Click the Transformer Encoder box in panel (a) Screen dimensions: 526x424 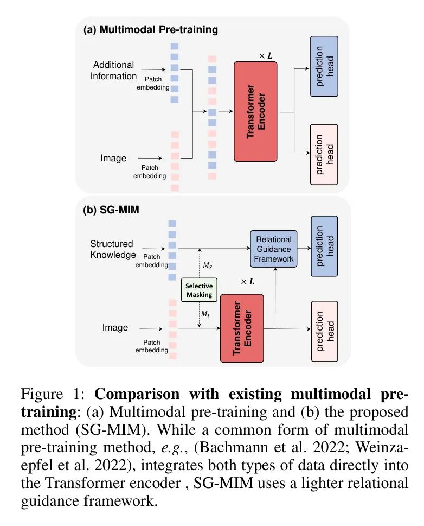coord(255,111)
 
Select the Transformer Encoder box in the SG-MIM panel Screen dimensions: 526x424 coord(241,328)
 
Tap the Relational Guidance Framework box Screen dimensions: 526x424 coord(274,249)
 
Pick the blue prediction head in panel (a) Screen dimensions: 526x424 coord(324,66)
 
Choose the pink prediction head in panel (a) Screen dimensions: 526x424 coord(324,154)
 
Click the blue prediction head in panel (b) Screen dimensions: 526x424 coord(324,246)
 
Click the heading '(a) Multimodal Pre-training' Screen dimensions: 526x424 coord(150,30)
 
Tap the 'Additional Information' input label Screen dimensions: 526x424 coord(113,71)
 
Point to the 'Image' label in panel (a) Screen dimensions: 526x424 coord(113,159)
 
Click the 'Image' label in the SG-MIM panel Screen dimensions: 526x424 coord(115,328)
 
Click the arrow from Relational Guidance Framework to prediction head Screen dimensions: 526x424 coord(304,249)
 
